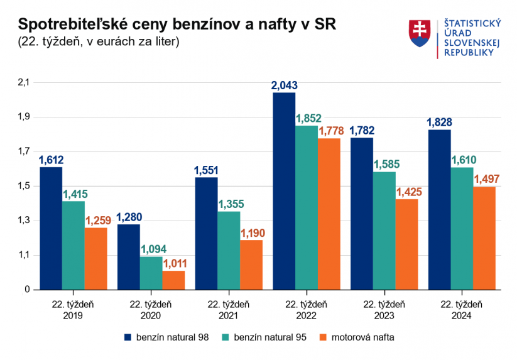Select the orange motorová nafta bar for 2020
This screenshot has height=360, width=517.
point(173,280)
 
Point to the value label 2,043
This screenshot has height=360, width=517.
point(284,85)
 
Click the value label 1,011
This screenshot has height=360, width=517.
point(174,263)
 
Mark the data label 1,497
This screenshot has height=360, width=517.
point(484,180)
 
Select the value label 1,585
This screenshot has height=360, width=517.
point(384,165)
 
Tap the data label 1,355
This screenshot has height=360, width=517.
point(229,204)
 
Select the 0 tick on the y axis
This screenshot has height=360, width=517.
point(28,290)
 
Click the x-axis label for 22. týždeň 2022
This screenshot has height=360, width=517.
point(306,309)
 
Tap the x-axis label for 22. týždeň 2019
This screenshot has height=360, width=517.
point(73,309)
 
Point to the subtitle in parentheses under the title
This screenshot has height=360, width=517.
point(99,42)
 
